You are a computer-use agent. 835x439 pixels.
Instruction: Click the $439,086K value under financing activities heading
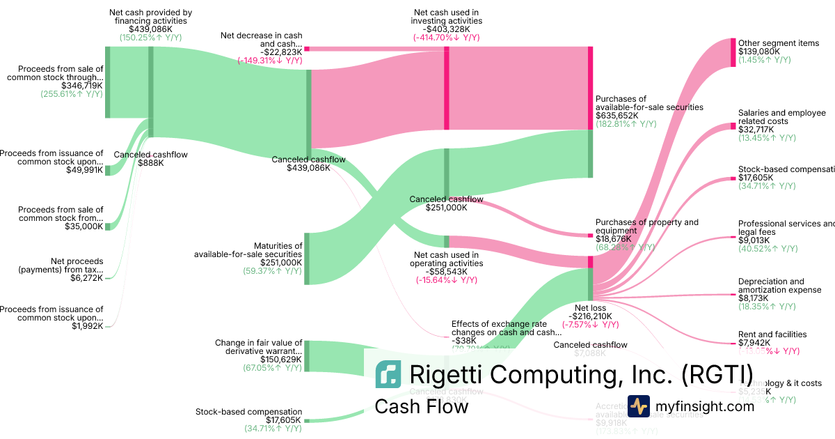point(151,29)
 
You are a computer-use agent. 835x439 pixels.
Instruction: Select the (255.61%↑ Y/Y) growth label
point(72,94)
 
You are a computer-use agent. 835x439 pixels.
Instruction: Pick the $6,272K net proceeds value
point(88,278)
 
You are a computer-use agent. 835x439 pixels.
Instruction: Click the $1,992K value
point(88,326)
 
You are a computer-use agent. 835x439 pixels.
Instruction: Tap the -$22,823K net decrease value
point(281,52)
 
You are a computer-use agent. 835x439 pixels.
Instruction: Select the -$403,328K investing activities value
point(445,29)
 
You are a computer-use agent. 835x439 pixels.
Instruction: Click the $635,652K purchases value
point(619,116)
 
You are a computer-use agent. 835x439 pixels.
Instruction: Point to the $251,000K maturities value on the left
point(281,263)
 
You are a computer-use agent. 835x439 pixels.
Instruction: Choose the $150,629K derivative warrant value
point(281,360)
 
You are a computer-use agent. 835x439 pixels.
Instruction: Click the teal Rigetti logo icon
point(388,374)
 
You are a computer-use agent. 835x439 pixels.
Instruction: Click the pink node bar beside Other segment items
point(733,52)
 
